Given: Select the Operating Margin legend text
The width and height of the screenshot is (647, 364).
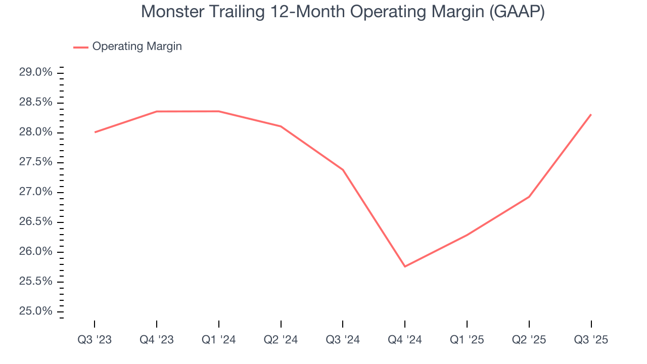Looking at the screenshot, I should point(137,47).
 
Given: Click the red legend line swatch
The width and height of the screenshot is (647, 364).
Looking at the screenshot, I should point(81,47).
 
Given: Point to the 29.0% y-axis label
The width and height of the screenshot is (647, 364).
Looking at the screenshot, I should point(35,73).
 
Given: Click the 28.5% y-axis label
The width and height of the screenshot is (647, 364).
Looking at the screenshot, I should point(35,103).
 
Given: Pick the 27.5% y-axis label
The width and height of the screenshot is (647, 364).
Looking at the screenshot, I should point(35,162).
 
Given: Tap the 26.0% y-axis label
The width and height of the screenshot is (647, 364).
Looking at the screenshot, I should point(35,252).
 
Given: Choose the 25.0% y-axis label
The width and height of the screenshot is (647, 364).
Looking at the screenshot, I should point(35,311).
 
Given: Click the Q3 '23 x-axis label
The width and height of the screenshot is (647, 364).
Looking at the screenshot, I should point(95,340).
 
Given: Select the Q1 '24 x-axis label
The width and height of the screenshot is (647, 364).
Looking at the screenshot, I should point(219,340).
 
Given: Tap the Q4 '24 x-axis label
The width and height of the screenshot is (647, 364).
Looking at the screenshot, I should point(405,340).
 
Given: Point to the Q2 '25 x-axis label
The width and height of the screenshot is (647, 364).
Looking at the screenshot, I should point(529,340).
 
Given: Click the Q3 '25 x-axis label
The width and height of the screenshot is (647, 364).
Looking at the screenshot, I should point(591,340).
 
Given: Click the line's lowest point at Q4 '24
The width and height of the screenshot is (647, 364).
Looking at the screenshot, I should point(405,266).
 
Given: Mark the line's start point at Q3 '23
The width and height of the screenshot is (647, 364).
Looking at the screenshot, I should point(95,132).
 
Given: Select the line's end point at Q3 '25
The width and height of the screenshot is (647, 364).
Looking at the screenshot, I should point(591,114).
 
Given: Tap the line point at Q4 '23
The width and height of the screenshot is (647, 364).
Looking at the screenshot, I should point(157,111).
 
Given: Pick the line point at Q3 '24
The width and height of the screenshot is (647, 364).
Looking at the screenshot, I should point(343,170).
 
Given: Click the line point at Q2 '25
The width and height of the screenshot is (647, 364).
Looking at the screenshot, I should point(529,196).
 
